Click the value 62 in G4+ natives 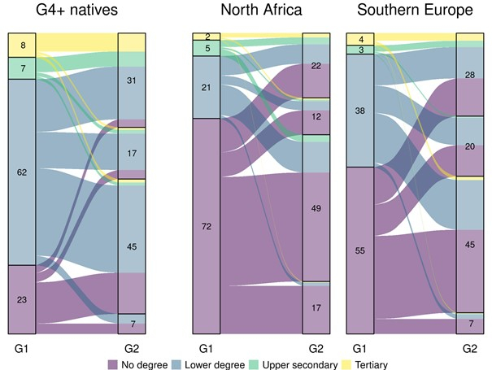[x=22, y=172]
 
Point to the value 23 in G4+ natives [x=22, y=299]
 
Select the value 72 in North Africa [x=207, y=226]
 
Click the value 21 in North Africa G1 [x=207, y=88]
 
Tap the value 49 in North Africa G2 [x=317, y=209]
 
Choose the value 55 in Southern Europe [x=360, y=250]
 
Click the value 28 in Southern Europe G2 [x=470, y=75]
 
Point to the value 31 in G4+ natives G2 [x=132, y=81]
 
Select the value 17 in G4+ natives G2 [x=132, y=153]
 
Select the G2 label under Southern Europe [x=470, y=348]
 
